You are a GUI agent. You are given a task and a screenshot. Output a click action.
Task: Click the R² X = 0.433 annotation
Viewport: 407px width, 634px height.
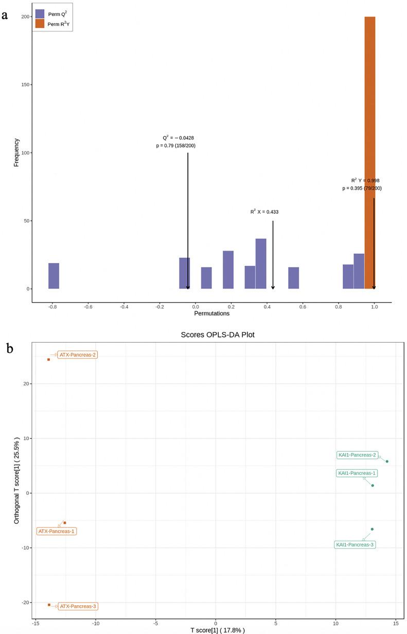point(264,212)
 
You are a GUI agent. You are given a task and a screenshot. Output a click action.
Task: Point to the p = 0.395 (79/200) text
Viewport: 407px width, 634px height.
point(362,188)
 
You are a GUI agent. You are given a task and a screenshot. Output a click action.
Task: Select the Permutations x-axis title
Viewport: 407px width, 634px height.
point(211,313)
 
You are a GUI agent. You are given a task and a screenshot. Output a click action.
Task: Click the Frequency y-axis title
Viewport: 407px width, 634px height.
point(16,152)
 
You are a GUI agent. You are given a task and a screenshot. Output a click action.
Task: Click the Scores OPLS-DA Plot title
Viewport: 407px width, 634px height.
point(218,334)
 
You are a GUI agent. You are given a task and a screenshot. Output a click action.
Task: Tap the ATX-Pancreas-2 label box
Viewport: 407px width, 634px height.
point(77,355)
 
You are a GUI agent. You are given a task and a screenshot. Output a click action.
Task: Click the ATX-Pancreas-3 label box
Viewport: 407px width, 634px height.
point(77,606)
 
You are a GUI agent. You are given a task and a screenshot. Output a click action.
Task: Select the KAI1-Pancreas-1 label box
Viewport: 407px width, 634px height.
point(357,473)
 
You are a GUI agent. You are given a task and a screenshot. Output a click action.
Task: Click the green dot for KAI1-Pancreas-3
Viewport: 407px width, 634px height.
point(372,529)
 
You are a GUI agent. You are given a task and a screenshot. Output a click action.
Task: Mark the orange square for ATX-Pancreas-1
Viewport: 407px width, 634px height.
point(64,522)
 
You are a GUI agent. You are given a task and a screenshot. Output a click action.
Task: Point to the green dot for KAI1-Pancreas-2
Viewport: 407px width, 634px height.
point(387,461)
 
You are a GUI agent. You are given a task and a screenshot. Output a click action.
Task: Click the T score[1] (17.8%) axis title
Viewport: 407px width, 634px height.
point(217,630)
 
